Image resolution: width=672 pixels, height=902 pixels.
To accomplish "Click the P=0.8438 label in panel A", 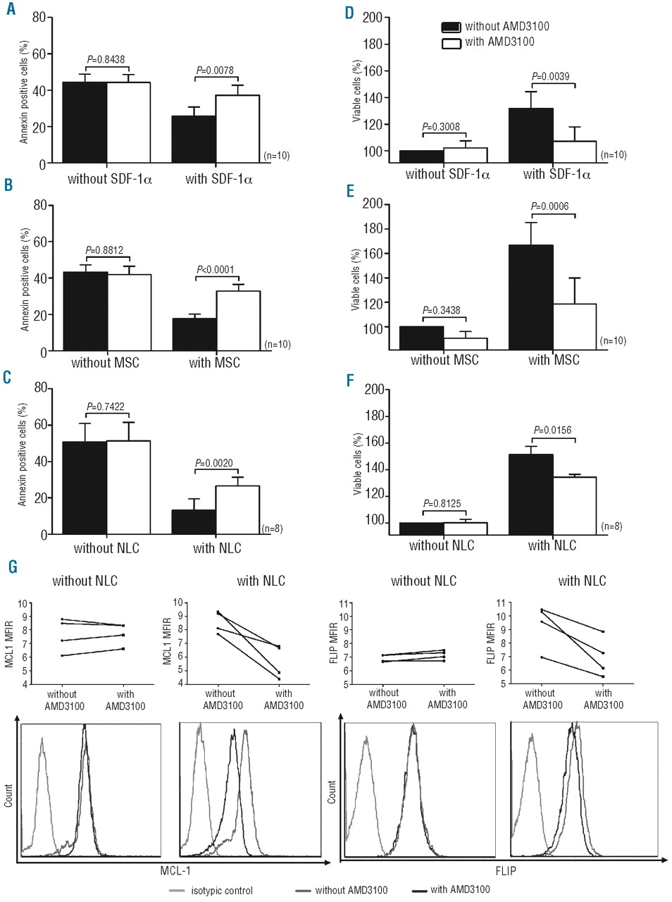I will coord(106,60).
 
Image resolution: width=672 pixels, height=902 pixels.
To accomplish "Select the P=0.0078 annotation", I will coord(215,70).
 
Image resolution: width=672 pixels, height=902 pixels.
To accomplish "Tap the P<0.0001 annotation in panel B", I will coord(216,269).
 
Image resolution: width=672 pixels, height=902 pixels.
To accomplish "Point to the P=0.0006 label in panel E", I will coord(550,206).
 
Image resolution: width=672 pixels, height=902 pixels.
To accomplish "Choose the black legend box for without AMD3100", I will coord(451,27).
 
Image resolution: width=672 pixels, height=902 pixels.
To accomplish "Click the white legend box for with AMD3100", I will coord(451,43).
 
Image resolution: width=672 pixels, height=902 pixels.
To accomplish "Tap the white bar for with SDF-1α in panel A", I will coord(237,130).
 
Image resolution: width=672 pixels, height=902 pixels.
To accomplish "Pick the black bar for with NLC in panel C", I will coord(194,522).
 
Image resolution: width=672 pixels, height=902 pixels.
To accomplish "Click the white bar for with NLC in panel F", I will coord(574,506).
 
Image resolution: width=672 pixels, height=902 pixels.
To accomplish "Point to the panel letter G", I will coord(12,567).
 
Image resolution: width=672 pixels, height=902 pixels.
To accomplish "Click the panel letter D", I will coord(349,13).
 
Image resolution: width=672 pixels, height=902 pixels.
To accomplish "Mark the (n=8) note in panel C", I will coord(272,529).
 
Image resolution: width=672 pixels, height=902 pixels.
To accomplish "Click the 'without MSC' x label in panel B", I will coord(105,363).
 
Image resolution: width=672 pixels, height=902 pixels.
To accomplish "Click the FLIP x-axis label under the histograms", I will coord(506,871).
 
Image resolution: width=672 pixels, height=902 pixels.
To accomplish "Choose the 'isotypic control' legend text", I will coord(221,891).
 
